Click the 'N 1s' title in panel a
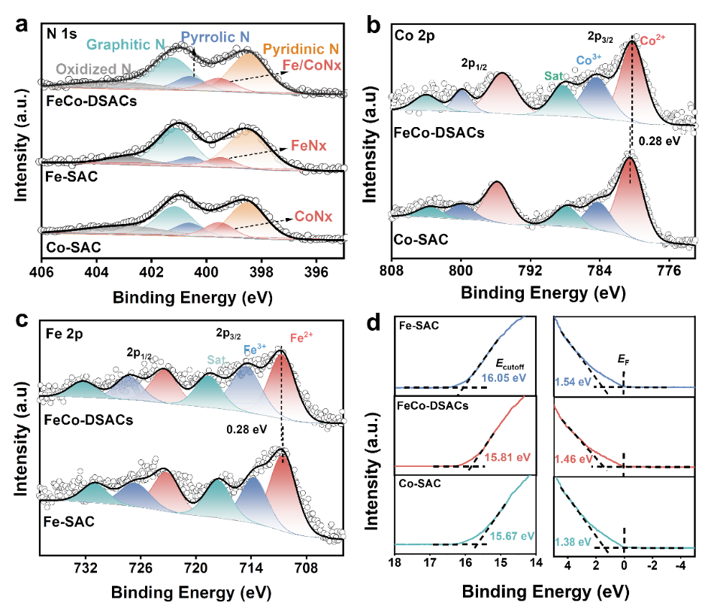point(62,34)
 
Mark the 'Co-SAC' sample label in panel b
point(422,241)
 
